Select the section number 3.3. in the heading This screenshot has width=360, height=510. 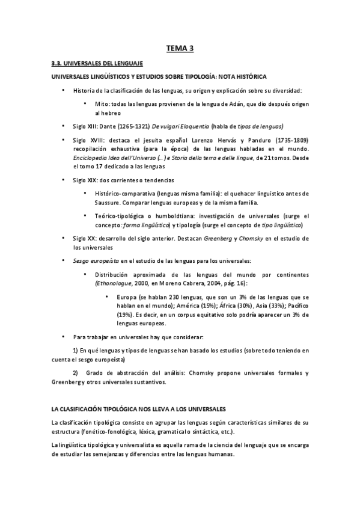tap(58, 64)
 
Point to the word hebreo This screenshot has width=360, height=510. tap(104, 112)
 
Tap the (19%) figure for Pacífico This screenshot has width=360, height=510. tap(125, 313)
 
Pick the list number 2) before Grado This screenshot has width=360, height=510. tap(76, 372)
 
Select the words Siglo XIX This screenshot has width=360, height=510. tap(87, 180)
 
